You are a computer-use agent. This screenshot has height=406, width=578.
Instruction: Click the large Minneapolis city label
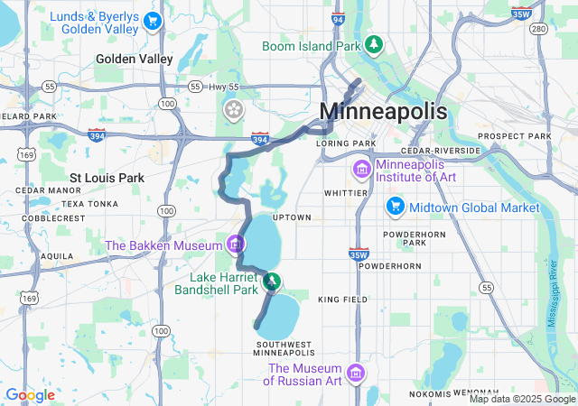click(x=384, y=112)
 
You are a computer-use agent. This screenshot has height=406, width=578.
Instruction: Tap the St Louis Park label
click(x=107, y=178)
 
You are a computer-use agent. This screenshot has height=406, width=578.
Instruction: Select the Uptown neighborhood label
click(x=292, y=217)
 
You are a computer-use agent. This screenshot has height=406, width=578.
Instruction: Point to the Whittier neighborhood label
click(x=346, y=193)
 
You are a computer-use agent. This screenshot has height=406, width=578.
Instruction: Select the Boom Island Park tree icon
click(x=373, y=45)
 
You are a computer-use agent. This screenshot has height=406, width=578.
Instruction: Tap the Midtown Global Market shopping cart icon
click(x=394, y=208)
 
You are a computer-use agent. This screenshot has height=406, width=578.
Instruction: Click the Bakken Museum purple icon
click(x=236, y=244)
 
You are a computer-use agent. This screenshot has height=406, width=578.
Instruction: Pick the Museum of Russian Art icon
click(x=356, y=374)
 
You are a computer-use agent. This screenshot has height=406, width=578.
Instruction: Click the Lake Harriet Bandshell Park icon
click(x=271, y=283)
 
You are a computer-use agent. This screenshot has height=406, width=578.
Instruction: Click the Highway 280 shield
click(x=539, y=30)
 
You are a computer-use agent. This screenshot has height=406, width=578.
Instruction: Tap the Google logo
click(x=30, y=395)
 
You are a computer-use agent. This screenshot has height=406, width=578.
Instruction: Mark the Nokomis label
click(x=429, y=393)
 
